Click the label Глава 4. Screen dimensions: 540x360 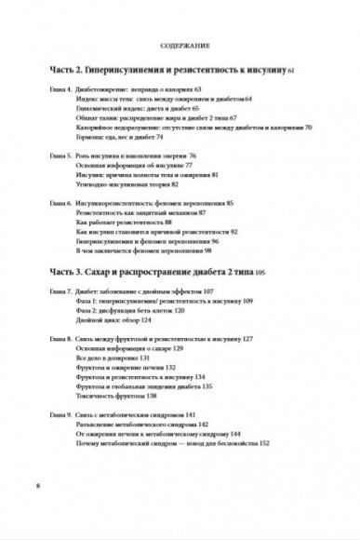[x=52, y=93]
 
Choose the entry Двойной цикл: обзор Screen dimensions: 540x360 [x=115, y=323]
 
